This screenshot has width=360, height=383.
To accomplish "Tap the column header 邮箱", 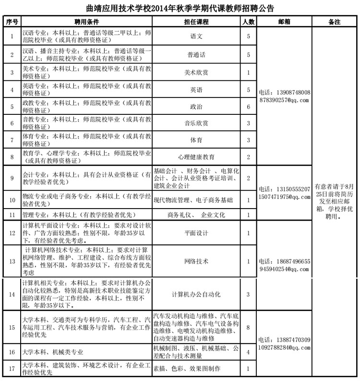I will click(284, 22).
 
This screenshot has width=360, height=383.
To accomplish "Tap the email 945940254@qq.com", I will click(284, 269).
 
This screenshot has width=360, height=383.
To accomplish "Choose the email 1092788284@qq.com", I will click(284, 346).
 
